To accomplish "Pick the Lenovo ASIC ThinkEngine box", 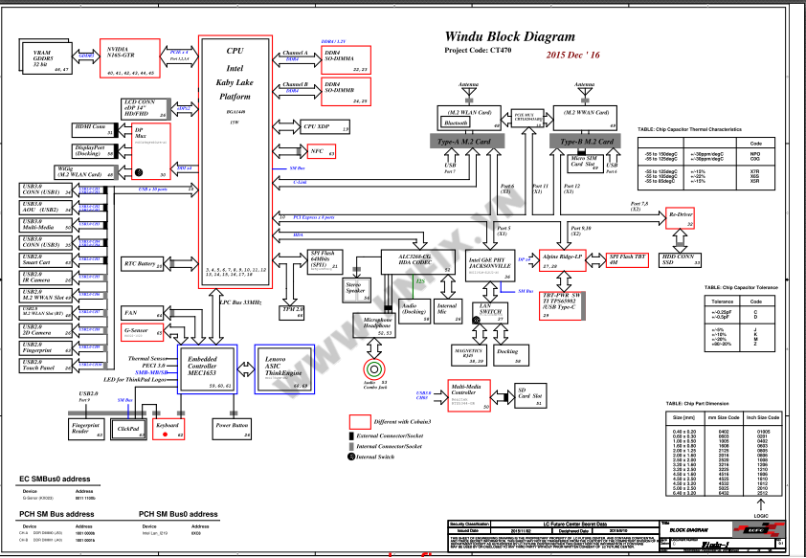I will [x=283, y=368].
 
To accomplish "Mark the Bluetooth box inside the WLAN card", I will [x=456, y=123].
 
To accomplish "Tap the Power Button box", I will [x=233, y=424].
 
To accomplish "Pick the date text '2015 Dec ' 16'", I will [x=573, y=56].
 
